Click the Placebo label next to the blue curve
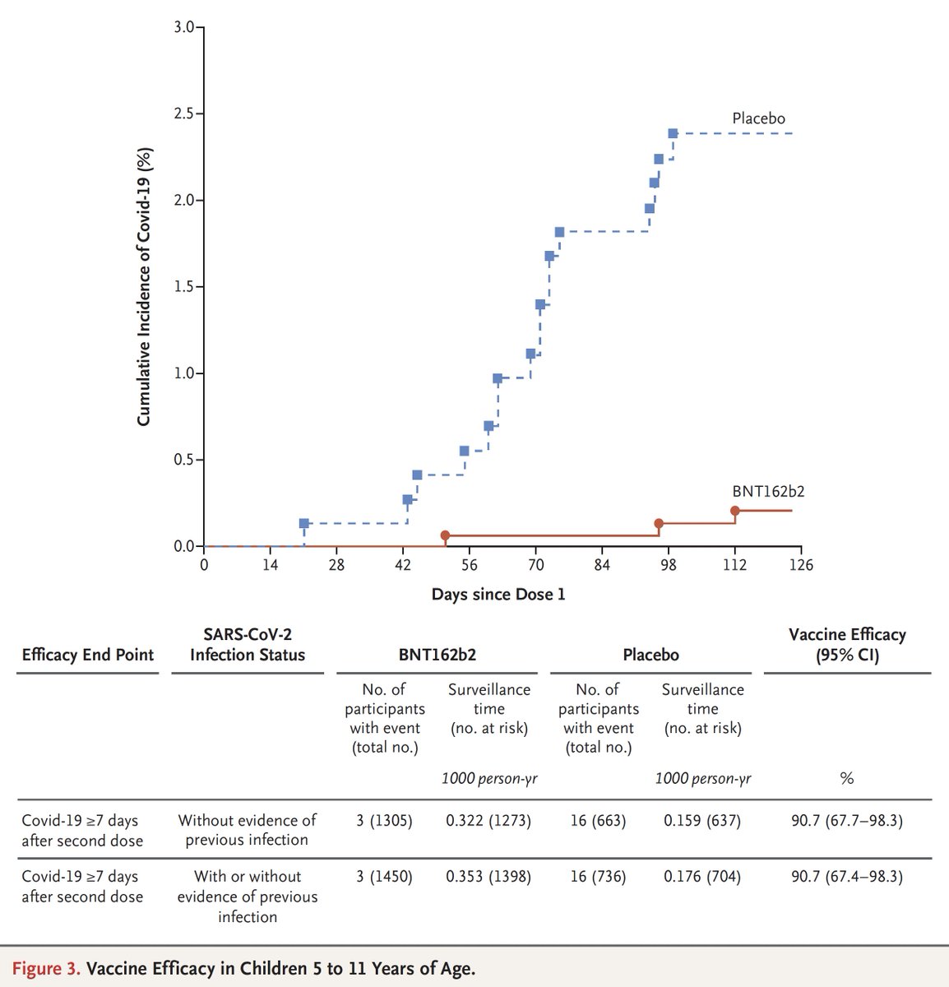point(758,118)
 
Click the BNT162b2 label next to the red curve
point(768,492)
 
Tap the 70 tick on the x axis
point(535,564)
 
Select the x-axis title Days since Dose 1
point(498,594)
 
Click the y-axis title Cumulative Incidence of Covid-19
point(144,285)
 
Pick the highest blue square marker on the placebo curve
point(673,133)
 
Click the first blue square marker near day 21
point(304,523)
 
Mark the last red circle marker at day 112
point(735,511)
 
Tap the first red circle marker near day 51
point(445,535)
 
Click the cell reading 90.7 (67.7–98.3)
point(846,821)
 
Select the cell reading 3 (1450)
point(384,877)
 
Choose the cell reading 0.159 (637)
point(701,821)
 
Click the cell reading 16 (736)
point(598,877)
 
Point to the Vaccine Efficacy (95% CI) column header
point(846,645)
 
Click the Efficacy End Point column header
point(87,655)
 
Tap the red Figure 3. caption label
point(46,968)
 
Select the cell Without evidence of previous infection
point(247,830)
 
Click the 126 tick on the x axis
point(801,564)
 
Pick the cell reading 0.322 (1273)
point(488,821)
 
